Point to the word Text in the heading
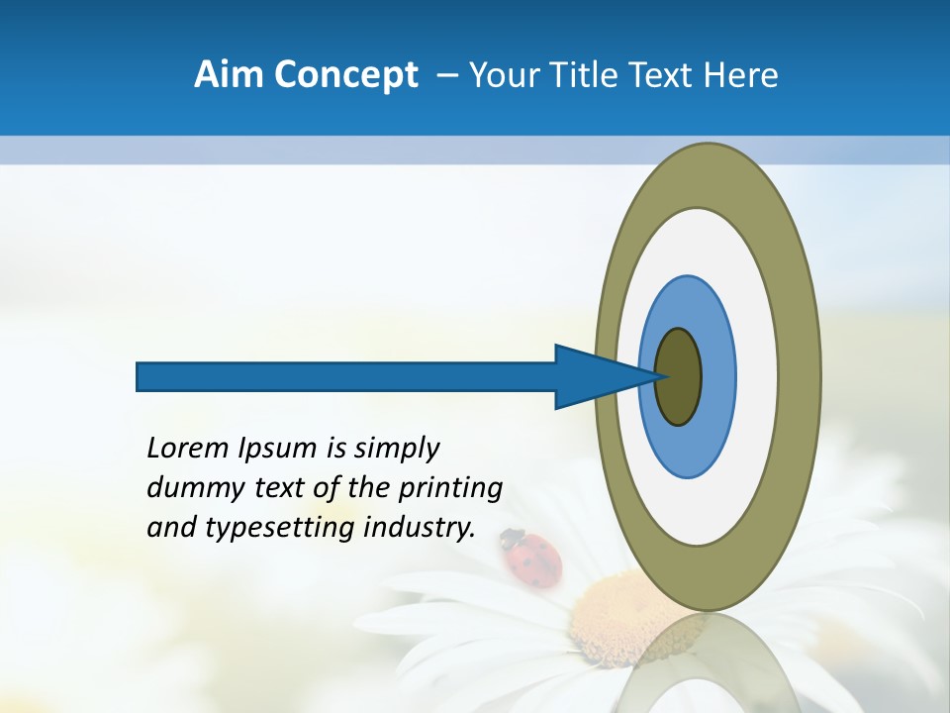[661, 75]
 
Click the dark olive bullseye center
[679, 377]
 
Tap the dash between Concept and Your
[446, 75]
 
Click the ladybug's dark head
[510, 538]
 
